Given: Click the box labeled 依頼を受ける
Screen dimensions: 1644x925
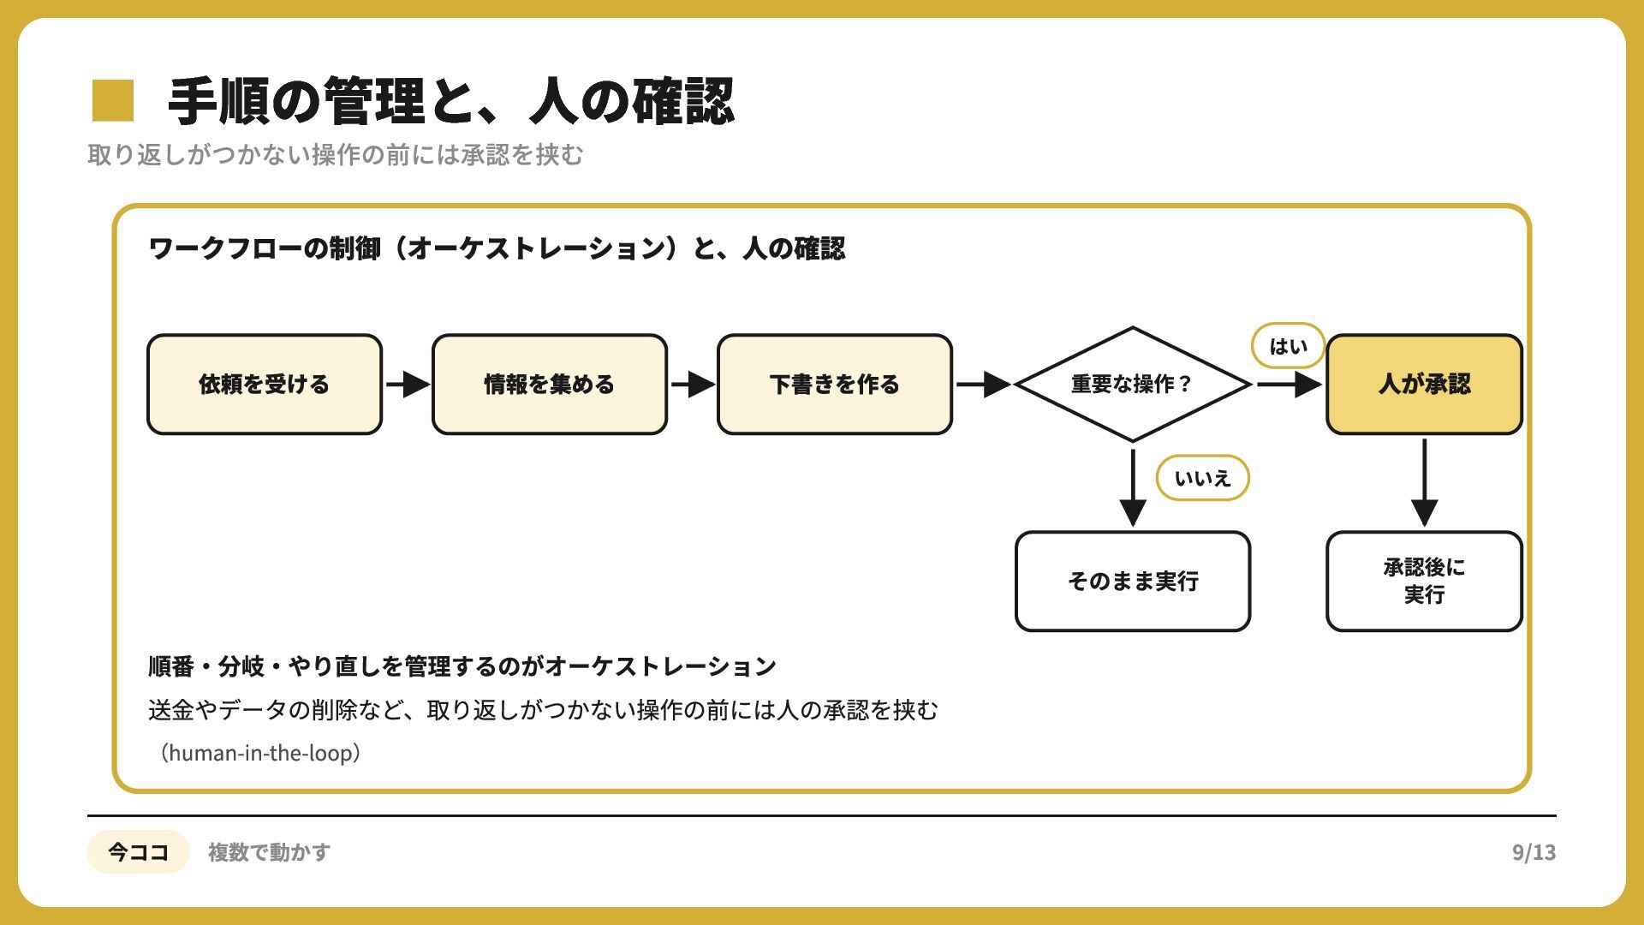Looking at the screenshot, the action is coord(265,385).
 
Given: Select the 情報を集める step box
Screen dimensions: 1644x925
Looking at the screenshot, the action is coord(550,385).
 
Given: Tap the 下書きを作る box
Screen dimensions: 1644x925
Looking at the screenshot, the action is coord(835,385).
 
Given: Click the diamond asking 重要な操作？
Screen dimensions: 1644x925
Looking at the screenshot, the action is coord(1133,385).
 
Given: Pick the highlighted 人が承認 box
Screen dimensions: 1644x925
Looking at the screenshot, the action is coord(1425,385).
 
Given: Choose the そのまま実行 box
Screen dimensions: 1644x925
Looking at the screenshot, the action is coord(1133,582).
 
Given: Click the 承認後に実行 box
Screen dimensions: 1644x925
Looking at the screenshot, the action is coord(1425,582).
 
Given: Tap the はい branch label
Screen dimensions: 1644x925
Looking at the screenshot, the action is coord(1288,346).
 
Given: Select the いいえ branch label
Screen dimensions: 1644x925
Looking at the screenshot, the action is coord(1202,478).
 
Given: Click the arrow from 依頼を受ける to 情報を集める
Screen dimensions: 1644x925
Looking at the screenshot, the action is coord(408,385).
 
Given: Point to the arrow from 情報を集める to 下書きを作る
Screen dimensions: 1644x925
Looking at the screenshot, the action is coord(694,385).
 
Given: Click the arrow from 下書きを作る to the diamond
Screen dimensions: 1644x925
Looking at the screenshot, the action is coord(984,385).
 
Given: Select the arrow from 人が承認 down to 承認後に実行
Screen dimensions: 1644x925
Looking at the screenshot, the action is coord(1425,483).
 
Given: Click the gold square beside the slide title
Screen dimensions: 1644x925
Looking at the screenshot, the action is coord(113,100).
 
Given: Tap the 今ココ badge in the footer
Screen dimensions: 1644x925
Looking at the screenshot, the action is coord(138,852).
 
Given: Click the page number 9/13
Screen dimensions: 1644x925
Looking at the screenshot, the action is coord(1534,852).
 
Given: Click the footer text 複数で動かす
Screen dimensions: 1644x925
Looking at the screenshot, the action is coord(269,852).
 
